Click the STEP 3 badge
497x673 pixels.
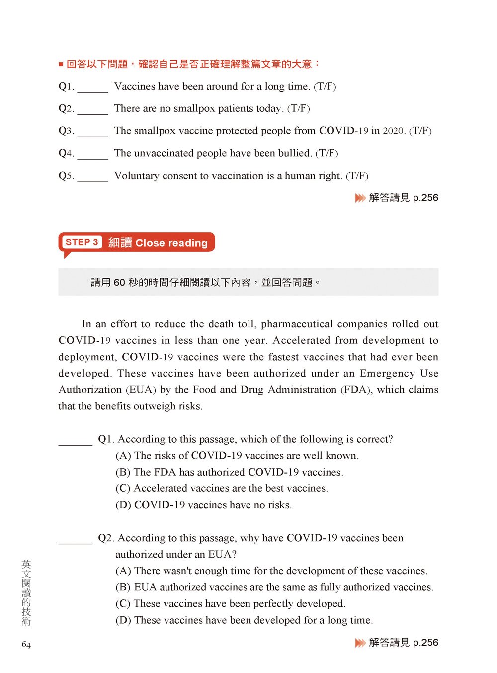click(x=82, y=242)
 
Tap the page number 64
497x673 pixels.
click(x=26, y=645)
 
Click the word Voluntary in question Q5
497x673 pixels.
click(x=136, y=176)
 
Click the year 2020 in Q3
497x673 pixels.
click(x=393, y=131)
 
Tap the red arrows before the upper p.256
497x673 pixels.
click(x=360, y=198)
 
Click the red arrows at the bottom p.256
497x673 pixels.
click(x=360, y=643)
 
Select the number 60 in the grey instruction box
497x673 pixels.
click(x=119, y=283)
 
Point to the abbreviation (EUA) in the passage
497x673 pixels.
click(x=141, y=390)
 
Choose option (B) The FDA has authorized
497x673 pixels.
click(x=229, y=472)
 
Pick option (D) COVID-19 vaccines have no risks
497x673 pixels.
click(x=204, y=505)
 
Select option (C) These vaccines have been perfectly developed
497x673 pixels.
click(x=231, y=604)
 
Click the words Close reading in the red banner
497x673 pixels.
click(x=171, y=243)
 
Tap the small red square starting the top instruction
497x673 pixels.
click(x=61, y=64)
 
